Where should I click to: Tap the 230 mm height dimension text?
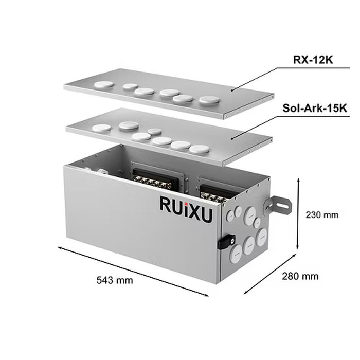pos(322,215)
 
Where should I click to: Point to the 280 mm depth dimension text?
pos(300,276)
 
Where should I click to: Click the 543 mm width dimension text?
pos(115,280)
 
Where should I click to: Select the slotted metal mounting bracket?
pos(277,206)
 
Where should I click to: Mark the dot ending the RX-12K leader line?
pos(232,90)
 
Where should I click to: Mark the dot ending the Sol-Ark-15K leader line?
pos(233,137)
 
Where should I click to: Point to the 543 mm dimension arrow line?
pos(134,271)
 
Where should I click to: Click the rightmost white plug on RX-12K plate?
pos(208,100)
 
